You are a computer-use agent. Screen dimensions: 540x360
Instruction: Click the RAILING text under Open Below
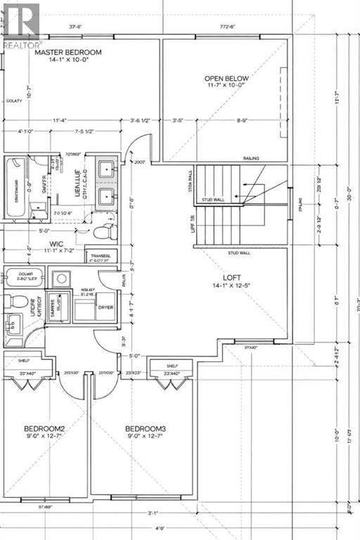251,158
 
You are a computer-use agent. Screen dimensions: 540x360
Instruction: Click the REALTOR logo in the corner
19,25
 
